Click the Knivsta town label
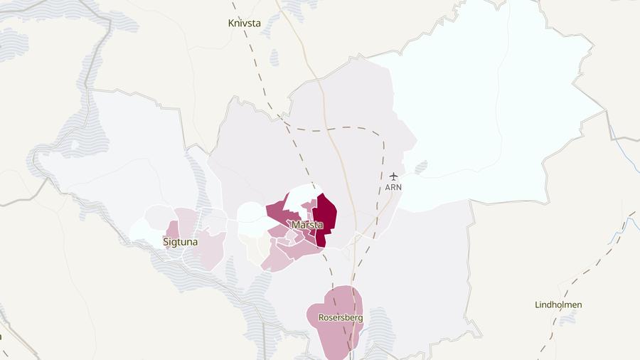244,23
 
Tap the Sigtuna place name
181,242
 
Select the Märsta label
307,225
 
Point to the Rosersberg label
341,317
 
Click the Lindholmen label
558,305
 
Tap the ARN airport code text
393,187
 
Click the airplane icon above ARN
394,176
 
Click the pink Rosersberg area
334,334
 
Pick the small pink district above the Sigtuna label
173,229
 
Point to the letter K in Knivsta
231,23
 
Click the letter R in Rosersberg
321,317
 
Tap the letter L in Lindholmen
538,305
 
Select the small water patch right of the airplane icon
420,166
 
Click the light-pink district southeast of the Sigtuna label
211,249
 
